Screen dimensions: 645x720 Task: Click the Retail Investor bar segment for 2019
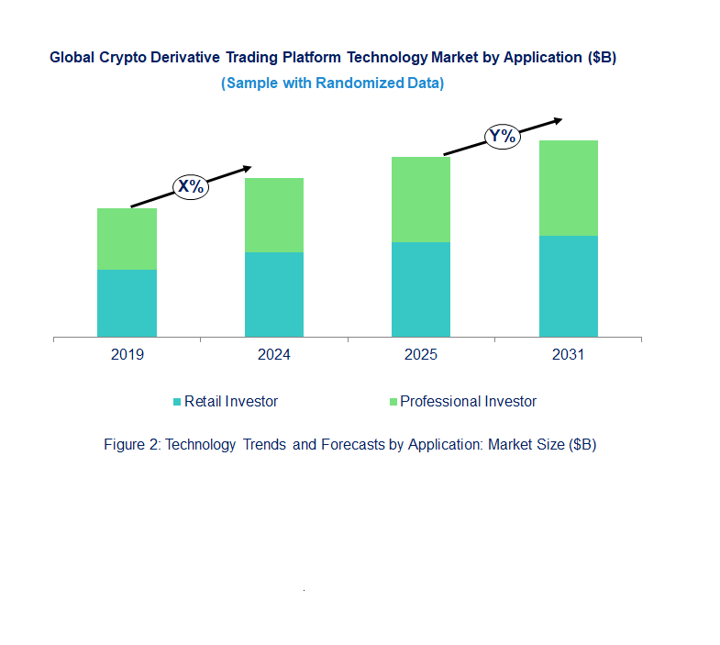point(127,303)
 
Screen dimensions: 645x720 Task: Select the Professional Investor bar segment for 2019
point(127,239)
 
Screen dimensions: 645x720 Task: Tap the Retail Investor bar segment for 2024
point(274,295)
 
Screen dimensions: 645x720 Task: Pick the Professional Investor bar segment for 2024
point(274,215)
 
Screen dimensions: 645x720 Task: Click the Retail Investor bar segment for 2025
point(421,289)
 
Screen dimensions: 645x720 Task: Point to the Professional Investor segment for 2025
point(421,199)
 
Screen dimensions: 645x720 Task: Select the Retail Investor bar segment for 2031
point(569,286)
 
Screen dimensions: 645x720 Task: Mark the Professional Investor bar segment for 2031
point(569,188)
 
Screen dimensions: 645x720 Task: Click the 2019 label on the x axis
point(127,355)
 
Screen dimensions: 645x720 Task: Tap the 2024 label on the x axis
point(274,355)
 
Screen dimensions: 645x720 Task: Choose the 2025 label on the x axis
point(421,355)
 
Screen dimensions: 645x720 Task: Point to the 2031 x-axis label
point(569,355)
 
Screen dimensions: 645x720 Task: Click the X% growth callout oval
point(192,187)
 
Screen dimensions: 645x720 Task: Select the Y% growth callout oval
point(503,138)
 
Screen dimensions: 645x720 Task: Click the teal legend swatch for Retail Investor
point(177,402)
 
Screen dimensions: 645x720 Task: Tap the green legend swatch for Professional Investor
point(393,402)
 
